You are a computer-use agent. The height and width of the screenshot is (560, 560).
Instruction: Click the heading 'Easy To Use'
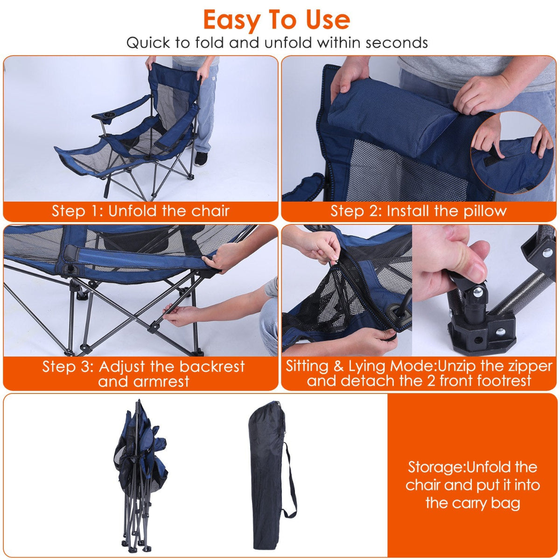276,20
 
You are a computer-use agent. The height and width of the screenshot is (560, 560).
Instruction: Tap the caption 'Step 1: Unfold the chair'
140,210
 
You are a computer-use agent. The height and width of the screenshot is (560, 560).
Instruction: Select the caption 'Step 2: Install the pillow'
419,210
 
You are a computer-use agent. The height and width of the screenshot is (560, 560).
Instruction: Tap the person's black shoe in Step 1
201,159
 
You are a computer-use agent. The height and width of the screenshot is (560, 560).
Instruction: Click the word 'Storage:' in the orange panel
436,467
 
